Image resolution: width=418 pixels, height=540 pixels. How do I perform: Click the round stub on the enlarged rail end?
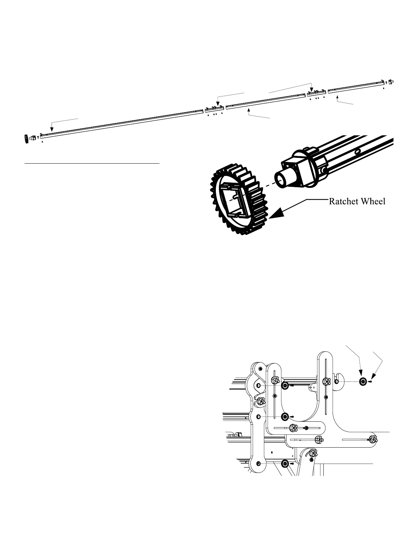pyautogui.click(x=282, y=179)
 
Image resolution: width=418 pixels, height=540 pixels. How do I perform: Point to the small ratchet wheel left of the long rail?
pyautogui.click(x=26, y=139)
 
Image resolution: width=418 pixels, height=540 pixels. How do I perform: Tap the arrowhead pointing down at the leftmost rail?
pyautogui.click(x=51, y=129)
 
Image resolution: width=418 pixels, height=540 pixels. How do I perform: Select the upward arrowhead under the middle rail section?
pyautogui.click(x=249, y=110)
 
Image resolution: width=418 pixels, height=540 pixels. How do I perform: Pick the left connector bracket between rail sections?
pyautogui.click(x=214, y=109)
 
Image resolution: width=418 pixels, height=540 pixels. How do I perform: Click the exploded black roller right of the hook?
pyautogui.click(x=363, y=382)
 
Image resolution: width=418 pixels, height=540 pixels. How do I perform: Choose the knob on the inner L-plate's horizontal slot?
pyautogui.click(x=293, y=428)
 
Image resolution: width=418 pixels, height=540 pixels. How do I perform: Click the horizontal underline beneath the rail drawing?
pyautogui.click(x=92, y=163)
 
